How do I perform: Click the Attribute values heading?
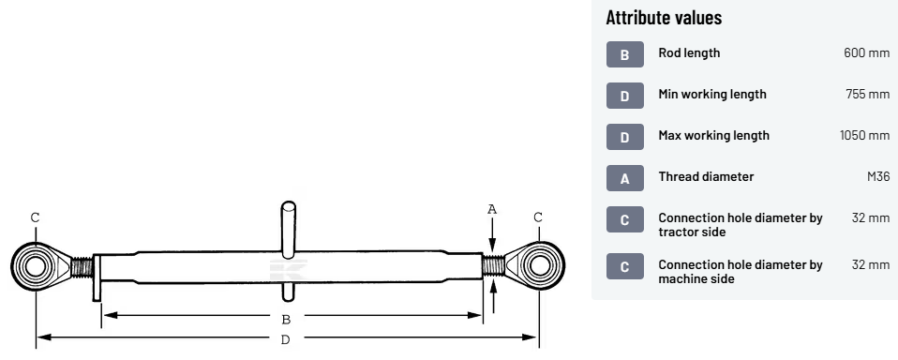pos(664,17)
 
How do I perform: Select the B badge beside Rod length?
pos(625,54)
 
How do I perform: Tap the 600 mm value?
pos(866,52)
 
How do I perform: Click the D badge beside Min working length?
pos(625,96)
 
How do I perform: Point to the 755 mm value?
pos(868,94)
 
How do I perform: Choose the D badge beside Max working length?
pos(625,137)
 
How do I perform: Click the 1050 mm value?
pos(865,135)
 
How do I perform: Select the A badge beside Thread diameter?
pos(625,178)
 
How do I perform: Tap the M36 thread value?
pos(878,176)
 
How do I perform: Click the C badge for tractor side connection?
pos(625,219)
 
